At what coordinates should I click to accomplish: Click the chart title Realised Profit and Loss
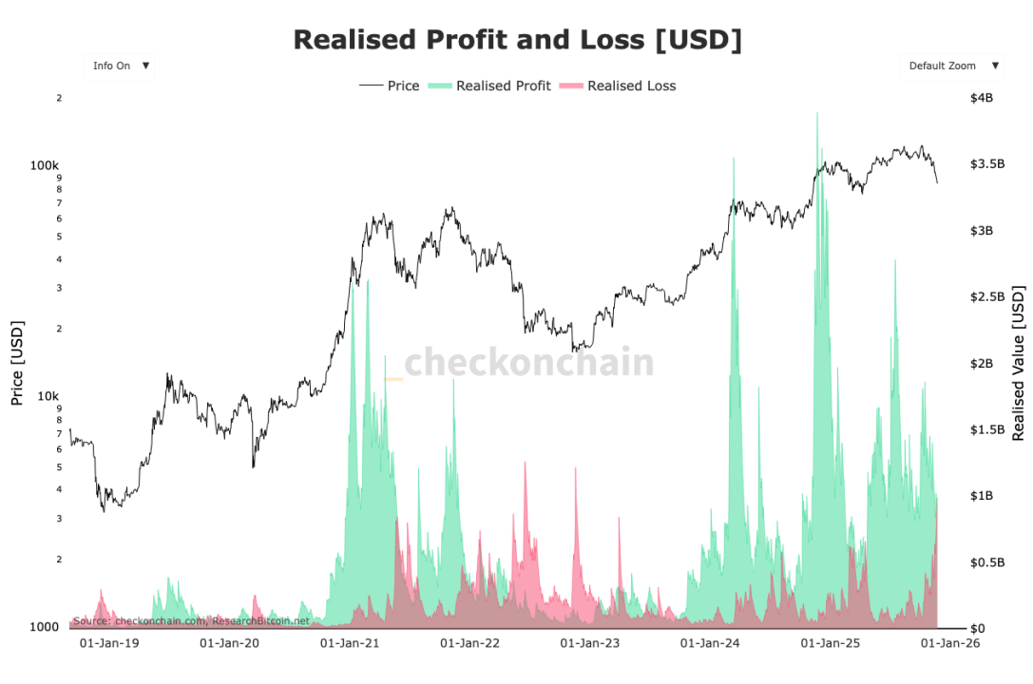(517, 40)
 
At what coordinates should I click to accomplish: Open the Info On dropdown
(120, 66)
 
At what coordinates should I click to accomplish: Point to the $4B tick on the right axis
(981, 98)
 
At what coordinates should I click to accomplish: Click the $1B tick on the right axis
(981, 496)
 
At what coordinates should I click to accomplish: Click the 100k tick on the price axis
(46, 165)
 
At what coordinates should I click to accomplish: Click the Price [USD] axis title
(17, 363)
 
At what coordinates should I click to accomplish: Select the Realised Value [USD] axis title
(1019, 363)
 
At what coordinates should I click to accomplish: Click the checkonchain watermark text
(529, 363)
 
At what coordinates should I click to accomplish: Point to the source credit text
(191, 620)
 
